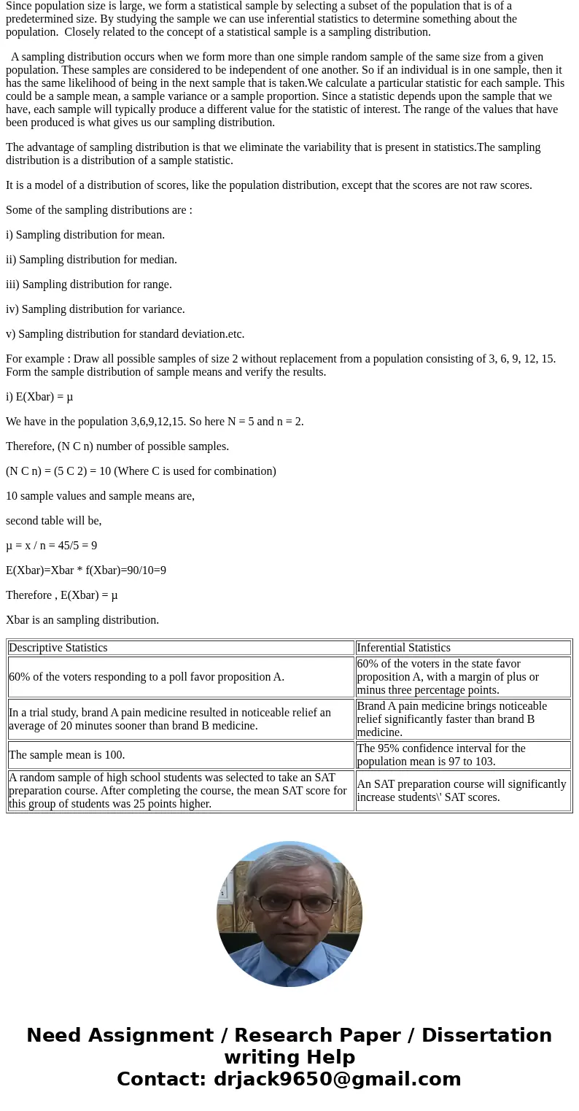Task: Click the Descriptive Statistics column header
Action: [x=58, y=648]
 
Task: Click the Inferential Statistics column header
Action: [x=403, y=648]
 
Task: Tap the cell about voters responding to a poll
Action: [x=147, y=677]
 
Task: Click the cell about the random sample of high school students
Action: [x=178, y=791]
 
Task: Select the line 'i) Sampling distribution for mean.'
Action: [x=85, y=235]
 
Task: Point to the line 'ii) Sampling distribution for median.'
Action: [x=91, y=260]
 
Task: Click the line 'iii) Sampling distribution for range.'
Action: [x=89, y=284]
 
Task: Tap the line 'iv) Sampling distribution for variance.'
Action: [x=96, y=309]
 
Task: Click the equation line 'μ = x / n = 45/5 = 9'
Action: [x=51, y=546]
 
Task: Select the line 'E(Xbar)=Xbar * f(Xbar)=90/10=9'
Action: [x=86, y=570]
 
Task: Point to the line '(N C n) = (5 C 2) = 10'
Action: [x=141, y=471]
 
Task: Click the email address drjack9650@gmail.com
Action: [x=337, y=1080]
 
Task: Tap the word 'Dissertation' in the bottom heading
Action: [x=486, y=1036]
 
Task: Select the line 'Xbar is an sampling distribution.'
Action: [x=82, y=620]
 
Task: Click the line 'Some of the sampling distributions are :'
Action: [x=99, y=210]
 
